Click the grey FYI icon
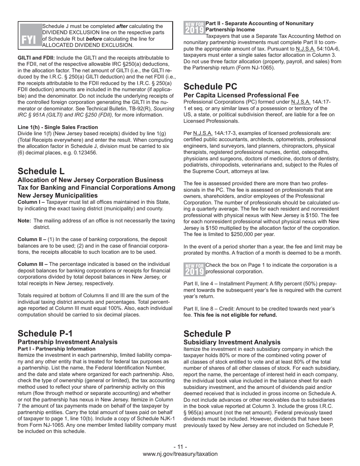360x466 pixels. coord(30,36)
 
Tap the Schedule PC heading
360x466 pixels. coord(210,86)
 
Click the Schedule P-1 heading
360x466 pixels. coord(45,333)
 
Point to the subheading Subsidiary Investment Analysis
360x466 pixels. coord(232,342)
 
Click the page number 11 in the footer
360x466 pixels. coord(180,447)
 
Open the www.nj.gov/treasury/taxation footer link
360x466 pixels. coord(180,454)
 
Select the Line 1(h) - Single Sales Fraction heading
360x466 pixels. coord(58,127)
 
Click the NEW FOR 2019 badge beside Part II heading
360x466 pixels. coord(194,27)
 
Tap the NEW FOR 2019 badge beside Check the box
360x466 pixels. coord(194,269)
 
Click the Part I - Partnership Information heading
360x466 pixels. coord(56,349)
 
